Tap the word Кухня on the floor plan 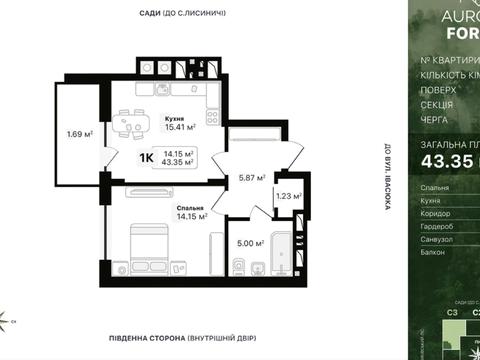(x=175, y=118)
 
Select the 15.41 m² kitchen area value (x=180, y=128)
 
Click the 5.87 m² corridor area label (x=250, y=178)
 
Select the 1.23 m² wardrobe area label (x=289, y=197)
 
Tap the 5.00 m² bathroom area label (x=250, y=243)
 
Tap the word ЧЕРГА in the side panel (x=435, y=119)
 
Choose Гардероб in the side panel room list (x=441, y=226)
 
